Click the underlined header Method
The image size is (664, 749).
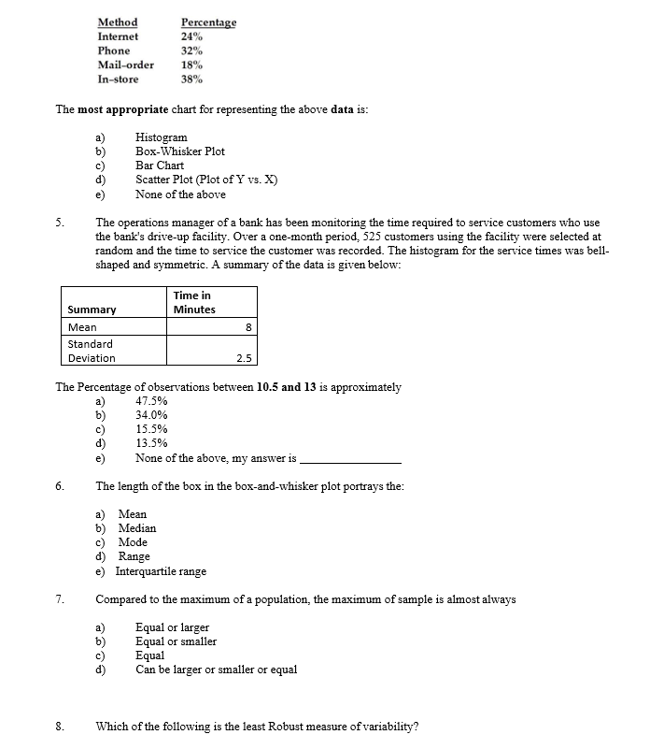[x=118, y=22]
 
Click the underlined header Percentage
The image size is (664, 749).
[x=208, y=22]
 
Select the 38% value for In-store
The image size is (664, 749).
[x=191, y=79]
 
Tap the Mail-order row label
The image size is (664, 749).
[x=126, y=65]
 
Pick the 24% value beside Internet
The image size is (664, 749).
[x=191, y=36]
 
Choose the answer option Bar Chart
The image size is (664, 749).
[x=160, y=166]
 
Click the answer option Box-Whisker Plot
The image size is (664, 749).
[x=180, y=151]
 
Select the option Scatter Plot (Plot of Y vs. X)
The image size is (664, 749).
[x=206, y=180]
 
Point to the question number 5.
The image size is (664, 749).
[x=59, y=223]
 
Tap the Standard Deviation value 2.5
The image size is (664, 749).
[x=243, y=358]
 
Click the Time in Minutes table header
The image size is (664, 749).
[x=193, y=302]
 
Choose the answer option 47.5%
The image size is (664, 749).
[x=151, y=400]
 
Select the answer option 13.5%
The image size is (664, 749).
[x=151, y=444]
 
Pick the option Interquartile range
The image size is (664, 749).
[x=162, y=571]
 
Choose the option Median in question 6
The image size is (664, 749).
[x=137, y=528]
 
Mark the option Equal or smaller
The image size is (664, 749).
[x=176, y=641]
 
